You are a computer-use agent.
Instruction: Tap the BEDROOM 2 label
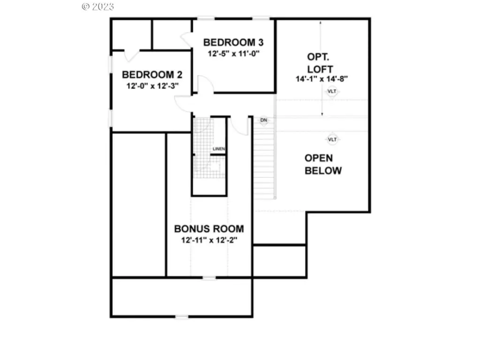tap(152, 75)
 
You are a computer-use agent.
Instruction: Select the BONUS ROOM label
tap(209, 229)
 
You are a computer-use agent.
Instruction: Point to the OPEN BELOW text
tap(323, 164)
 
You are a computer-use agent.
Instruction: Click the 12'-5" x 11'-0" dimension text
tap(234, 53)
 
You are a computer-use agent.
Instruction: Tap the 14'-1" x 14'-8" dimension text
tap(321, 79)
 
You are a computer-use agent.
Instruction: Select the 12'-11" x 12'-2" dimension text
tap(209, 240)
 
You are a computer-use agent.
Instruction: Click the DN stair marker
tap(264, 120)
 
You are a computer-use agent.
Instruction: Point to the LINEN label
tap(219, 149)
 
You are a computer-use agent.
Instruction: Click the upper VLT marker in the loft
tap(332, 92)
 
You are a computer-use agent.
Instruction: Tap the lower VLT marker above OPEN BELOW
tap(332, 139)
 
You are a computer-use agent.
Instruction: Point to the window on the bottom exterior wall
tap(182, 317)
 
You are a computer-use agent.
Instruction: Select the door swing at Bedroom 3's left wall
tap(185, 39)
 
